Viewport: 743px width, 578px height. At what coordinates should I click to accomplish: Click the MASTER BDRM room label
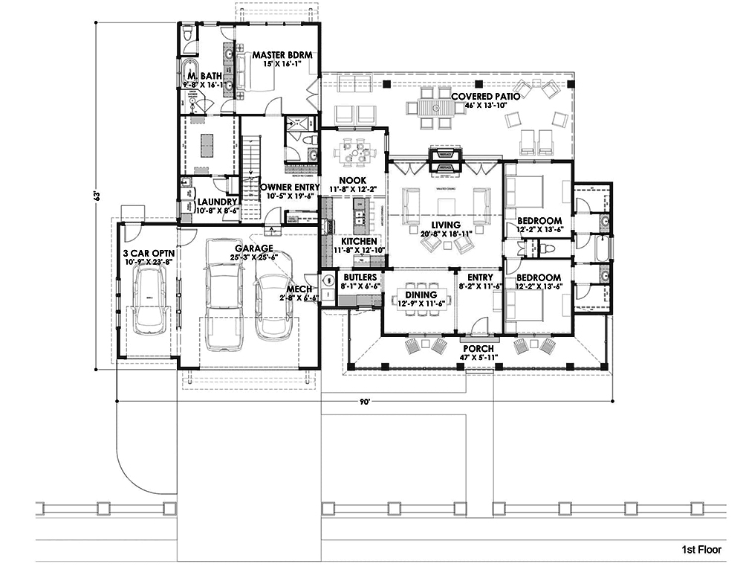(281, 55)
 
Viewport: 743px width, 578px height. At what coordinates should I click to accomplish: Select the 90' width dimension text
(365, 402)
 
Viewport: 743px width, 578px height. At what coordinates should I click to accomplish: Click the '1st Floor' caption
(701, 550)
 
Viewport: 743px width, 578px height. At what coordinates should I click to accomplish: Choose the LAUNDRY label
(217, 202)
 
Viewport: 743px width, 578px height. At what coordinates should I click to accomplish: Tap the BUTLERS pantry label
(360, 277)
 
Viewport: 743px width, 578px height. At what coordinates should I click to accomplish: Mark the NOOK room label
(350, 180)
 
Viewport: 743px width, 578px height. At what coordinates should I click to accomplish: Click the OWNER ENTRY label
(290, 187)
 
